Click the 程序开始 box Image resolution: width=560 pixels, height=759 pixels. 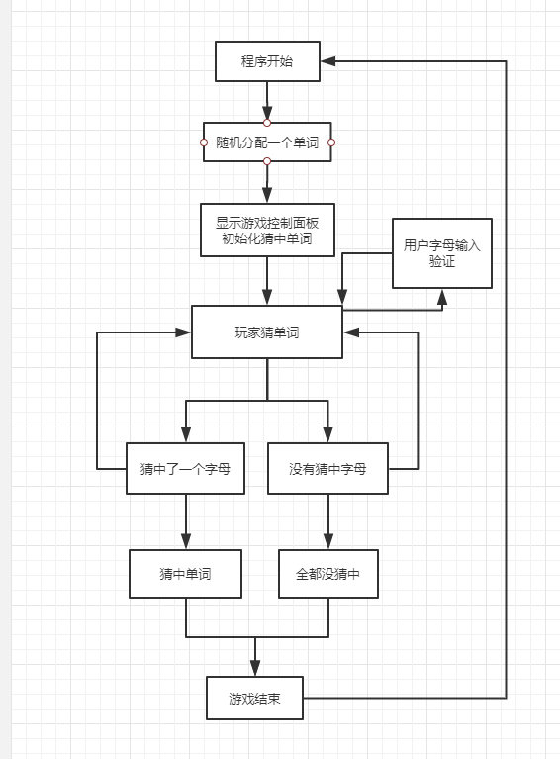267,61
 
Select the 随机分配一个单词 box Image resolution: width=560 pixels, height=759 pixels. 267,142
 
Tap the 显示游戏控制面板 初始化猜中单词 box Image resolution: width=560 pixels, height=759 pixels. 267,230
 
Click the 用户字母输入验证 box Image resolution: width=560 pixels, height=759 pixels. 442,253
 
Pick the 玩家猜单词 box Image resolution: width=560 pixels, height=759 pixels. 267,332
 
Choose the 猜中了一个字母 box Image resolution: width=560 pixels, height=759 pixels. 185,469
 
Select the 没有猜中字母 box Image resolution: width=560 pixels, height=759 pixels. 327,469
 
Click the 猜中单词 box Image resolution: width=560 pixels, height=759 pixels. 185,574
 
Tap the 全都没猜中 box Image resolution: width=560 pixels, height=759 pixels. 328,574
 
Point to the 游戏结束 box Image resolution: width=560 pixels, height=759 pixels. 254,698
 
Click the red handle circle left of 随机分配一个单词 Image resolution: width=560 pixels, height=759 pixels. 204,142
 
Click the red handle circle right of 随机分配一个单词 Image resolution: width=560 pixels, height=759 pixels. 331,142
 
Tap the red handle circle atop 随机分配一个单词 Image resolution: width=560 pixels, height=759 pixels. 267,123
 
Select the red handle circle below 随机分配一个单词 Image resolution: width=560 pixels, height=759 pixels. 267,161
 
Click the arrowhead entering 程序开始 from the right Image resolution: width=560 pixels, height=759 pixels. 328,61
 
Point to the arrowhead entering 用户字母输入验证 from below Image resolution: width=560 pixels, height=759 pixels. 442,297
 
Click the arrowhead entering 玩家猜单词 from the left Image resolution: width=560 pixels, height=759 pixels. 183,332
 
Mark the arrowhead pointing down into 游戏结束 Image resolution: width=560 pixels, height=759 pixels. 255,669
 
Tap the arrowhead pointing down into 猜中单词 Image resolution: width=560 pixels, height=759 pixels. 186,541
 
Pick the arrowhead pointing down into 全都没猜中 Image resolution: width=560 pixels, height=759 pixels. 328,541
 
